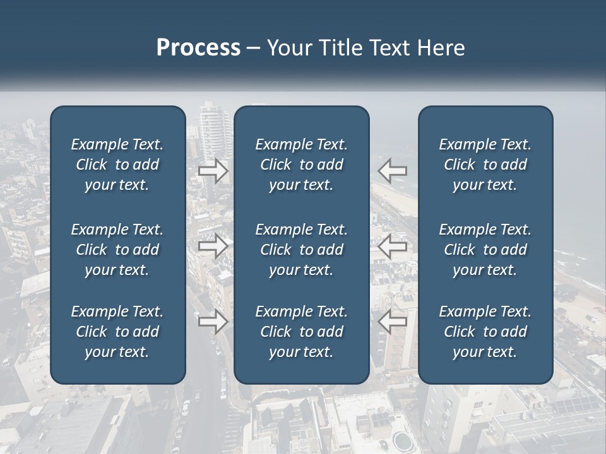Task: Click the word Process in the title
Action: [198, 48]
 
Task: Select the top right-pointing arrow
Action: [213, 170]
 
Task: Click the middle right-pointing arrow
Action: [213, 246]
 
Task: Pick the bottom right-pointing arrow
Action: [213, 322]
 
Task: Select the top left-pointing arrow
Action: [392, 170]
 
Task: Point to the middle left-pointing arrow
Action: [392, 246]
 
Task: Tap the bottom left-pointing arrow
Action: [392, 322]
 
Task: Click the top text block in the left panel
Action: [117, 165]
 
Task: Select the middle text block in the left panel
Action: [117, 250]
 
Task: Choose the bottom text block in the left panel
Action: [117, 332]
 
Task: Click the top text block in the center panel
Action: [302, 165]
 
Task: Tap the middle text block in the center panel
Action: [302, 250]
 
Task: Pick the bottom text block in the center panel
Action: [302, 332]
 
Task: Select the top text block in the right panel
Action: [485, 165]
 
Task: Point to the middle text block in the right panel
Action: [485, 250]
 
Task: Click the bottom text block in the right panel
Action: [485, 332]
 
